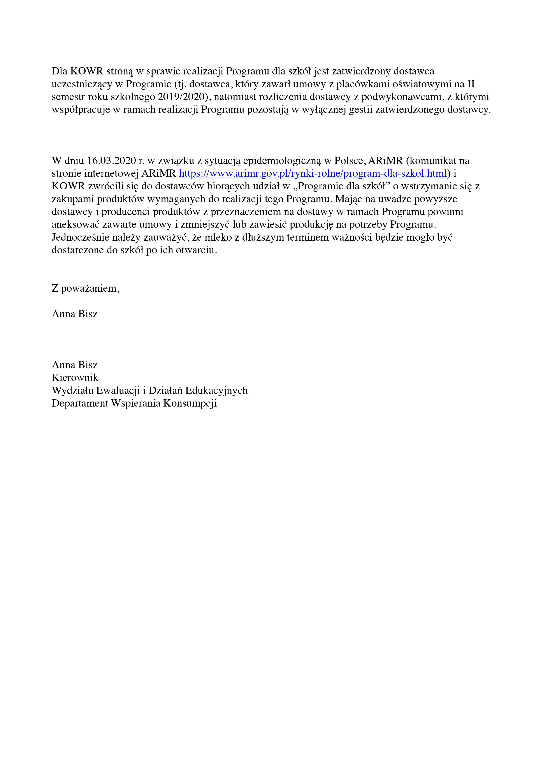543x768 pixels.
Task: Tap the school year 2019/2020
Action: pyautogui.click(x=181, y=97)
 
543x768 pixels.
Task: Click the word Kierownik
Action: pyautogui.click(x=75, y=378)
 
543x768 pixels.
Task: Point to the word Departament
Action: pyautogui.click(x=80, y=403)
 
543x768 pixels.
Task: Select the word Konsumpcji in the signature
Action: pyautogui.click(x=190, y=403)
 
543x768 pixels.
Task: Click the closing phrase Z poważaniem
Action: pyautogui.click(x=85, y=288)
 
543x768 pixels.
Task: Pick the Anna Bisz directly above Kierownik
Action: pyautogui.click(x=75, y=365)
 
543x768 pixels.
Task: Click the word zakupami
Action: pyautogui.click(x=73, y=199)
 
